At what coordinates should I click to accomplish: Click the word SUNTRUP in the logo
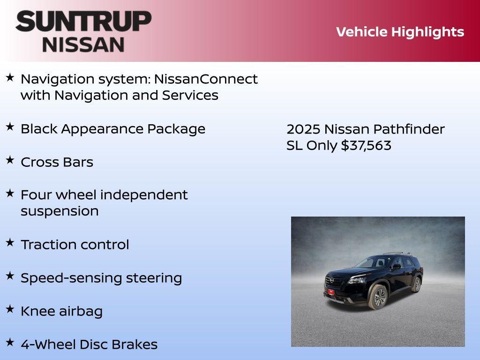click(x=83, y=22)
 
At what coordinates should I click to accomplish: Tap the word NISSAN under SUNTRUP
click(x=83, y=44)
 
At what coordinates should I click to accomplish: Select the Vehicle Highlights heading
click(x=400, y=32)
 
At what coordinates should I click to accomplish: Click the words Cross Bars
click(x=57, y=162)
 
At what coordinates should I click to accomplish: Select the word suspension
click(x=60, y=211)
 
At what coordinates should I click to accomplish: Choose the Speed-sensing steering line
click(x=101, y=278)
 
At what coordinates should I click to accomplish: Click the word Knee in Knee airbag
click(x=38, y=311)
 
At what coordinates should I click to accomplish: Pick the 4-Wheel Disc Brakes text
click(x=89, y=345)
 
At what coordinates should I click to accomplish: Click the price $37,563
click(x=366, y=145)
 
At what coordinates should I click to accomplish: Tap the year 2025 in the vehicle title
click(x=303, y=129)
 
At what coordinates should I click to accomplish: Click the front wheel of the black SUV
click(x=379, y=297)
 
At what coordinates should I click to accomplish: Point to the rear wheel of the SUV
click(x=416, y=284)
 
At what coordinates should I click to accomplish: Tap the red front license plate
click(x=330, y=292)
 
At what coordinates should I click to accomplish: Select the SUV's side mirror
click(x=397, y=267)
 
